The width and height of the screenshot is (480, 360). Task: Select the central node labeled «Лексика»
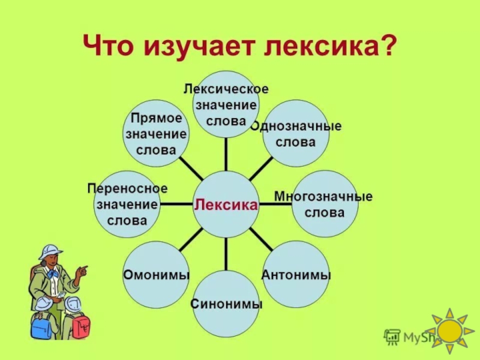226,205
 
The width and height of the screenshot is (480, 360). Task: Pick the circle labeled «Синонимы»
226,304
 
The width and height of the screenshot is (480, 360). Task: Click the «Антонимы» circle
296,275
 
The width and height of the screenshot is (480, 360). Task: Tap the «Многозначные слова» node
325,204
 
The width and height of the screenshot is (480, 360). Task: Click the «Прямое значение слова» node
156,134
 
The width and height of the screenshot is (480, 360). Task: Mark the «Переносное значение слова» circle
127,204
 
